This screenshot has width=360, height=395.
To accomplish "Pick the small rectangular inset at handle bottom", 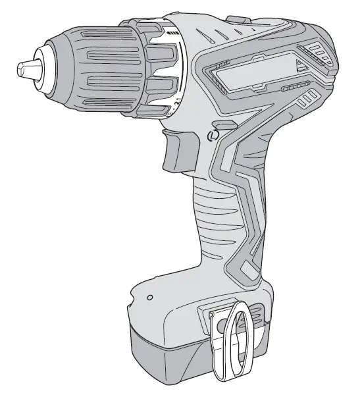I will (x=249, y=269).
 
